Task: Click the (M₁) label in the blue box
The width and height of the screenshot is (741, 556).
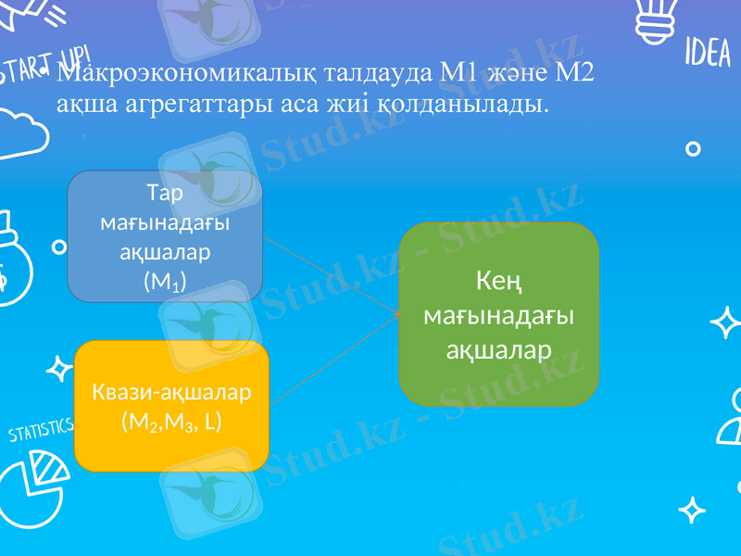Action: point(165,282)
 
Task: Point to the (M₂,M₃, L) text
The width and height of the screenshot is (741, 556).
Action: point(171,422)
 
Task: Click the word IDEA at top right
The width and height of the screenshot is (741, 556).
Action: point(708,54)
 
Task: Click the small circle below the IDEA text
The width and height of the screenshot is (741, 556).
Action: point(691,148)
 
